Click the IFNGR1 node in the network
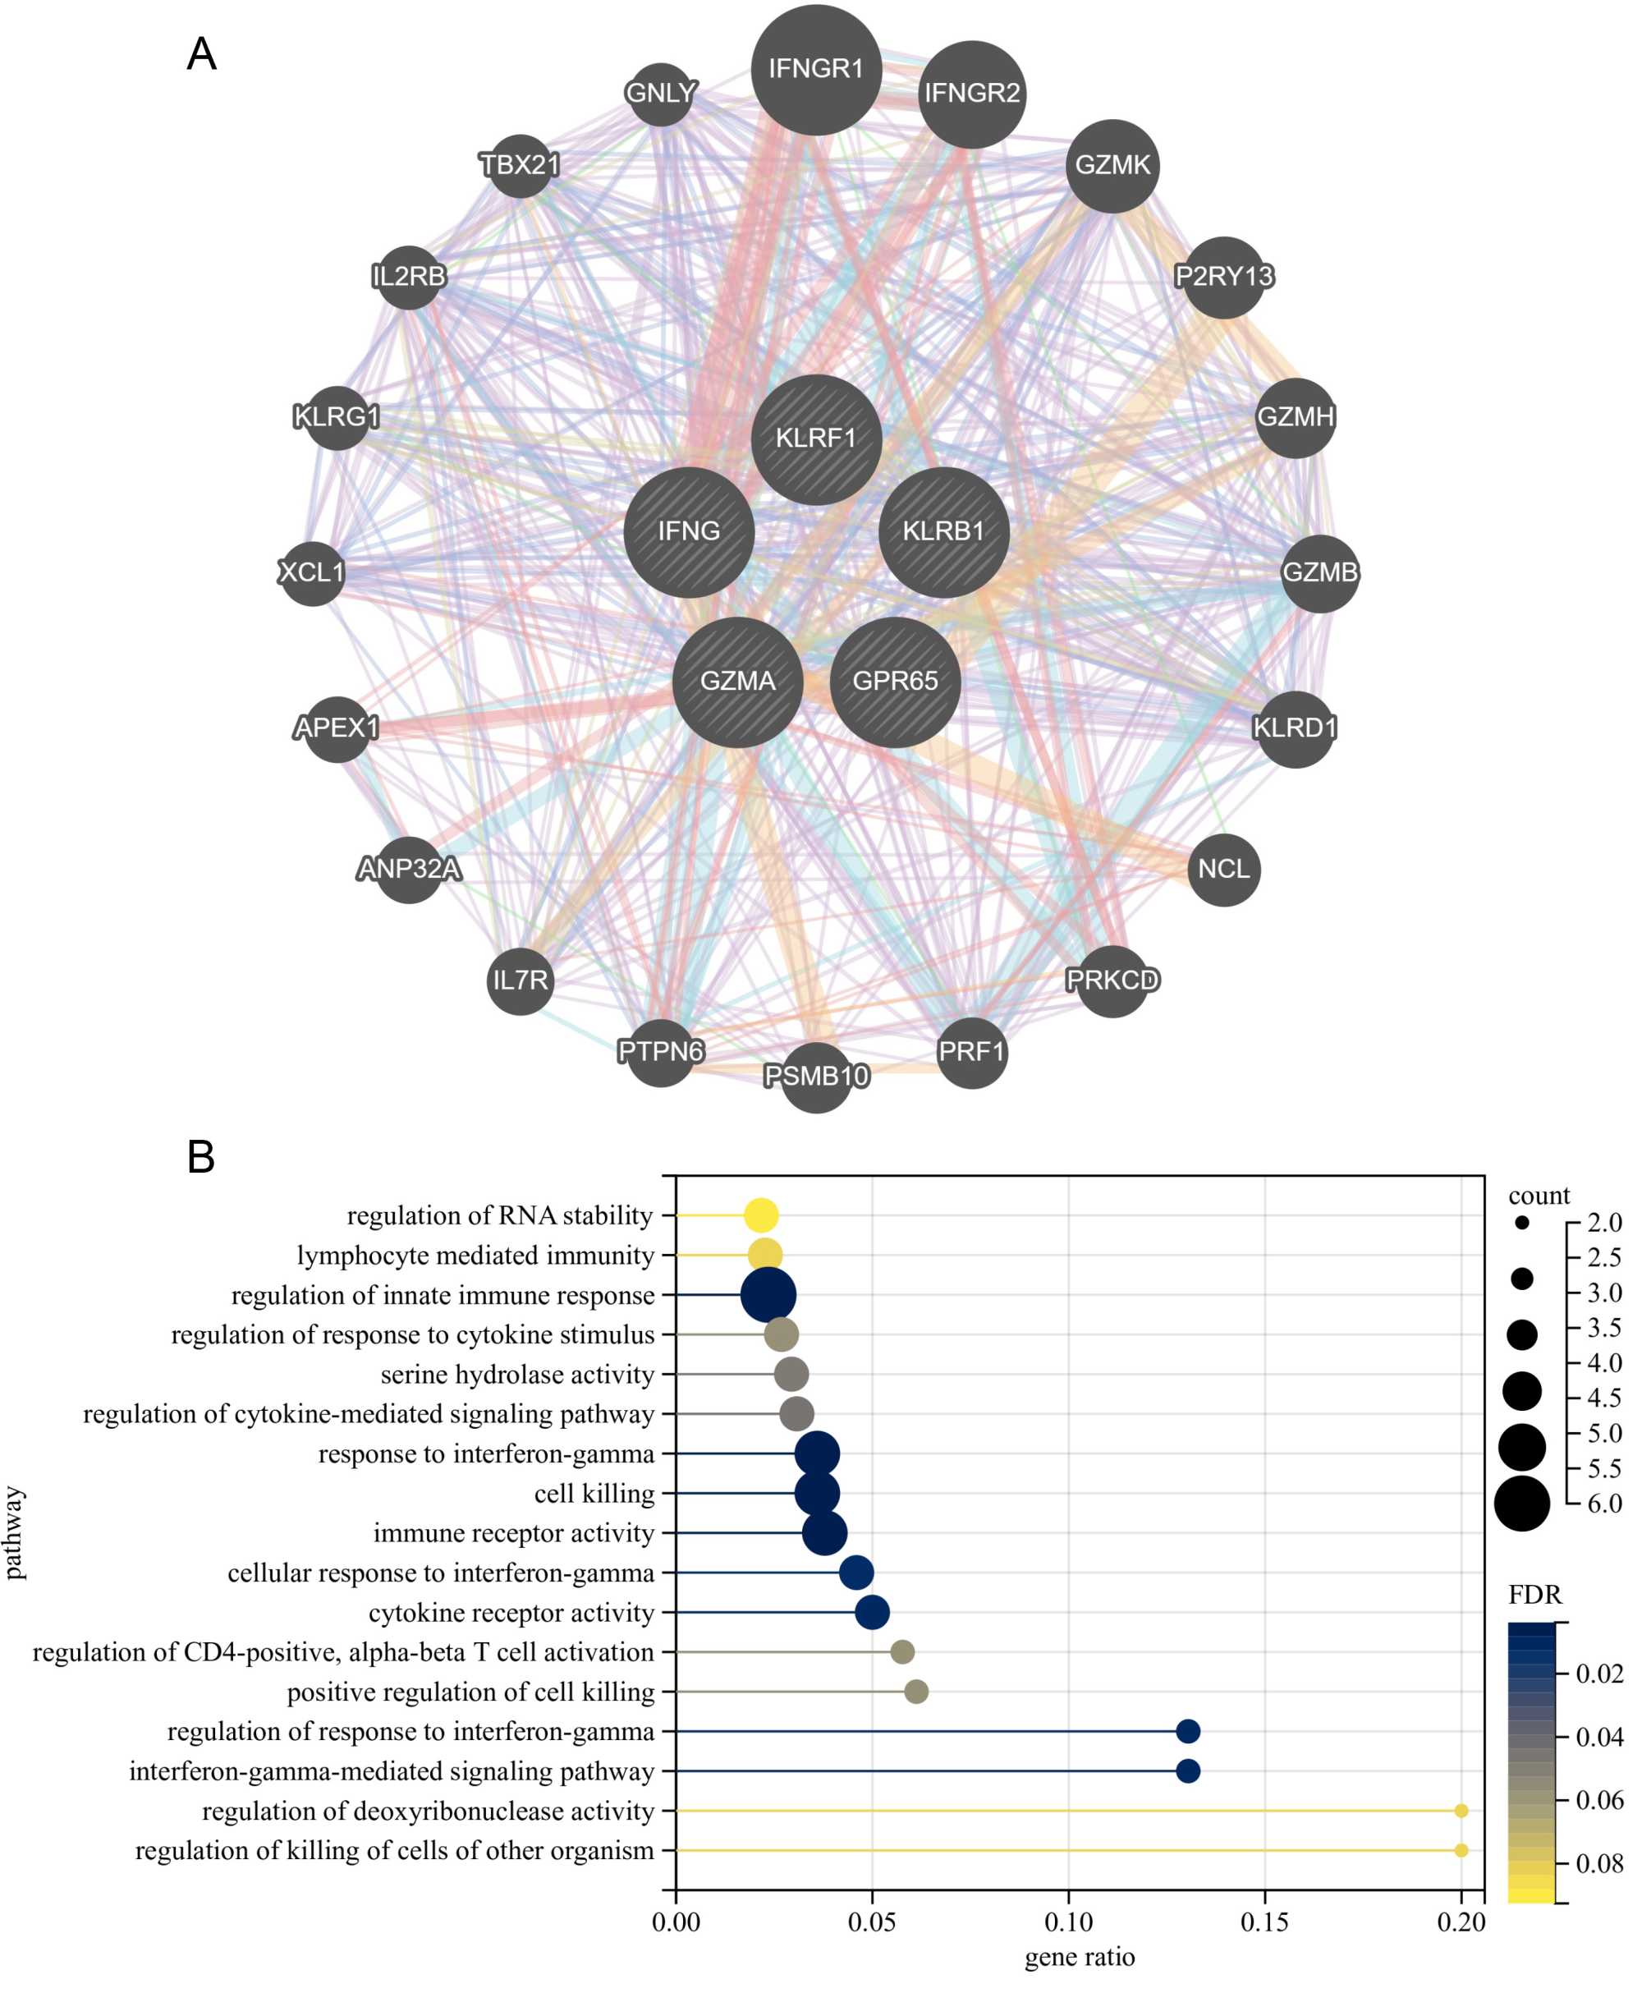coord(815,69)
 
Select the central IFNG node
coord(689,531)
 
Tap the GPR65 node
coord(895,681)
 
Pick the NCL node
coord(1223,870)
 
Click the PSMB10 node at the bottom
coord(815,1077)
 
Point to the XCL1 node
coord(311,572)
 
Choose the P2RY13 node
coord(1223,276)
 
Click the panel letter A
coord(201,55)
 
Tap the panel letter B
coord(200,1157)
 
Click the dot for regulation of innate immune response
coord(768,1295)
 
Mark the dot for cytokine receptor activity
coord(872,1612)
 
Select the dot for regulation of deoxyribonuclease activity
coord(1461,1811)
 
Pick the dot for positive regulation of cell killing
coord(915,1692)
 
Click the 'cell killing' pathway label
coord(594,1494)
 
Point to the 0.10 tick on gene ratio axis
coord(1068,1922)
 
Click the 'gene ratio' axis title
coord(1080,1956)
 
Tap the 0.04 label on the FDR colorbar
coord(1599,1737)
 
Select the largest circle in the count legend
coord(1522,1503)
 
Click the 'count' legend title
coord(1539,1196)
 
